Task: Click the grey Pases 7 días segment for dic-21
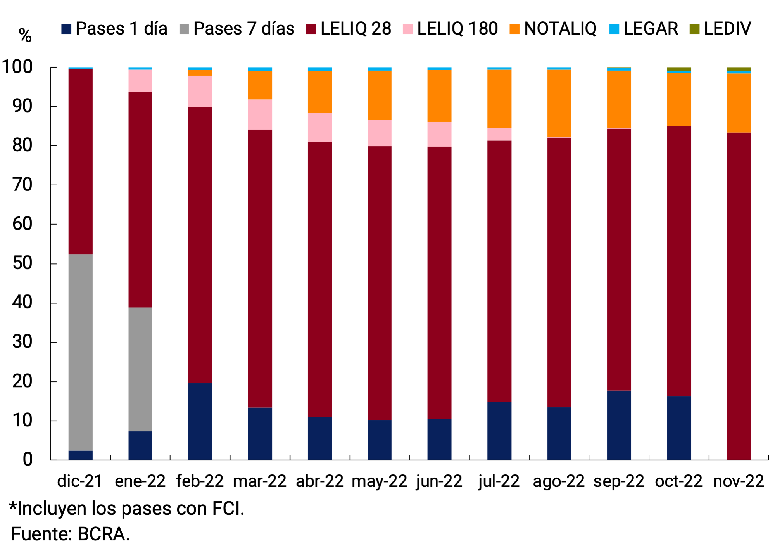pyautogui.click(x=80, y=352)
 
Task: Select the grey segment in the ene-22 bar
pyautogui.click(x=140, y=369)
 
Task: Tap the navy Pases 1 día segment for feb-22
pyautogui.click(x=200, y=421)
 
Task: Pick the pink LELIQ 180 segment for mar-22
pyautogui.click(x=260, y=114)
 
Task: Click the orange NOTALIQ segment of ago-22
pyautogui.click(x=559, y=103)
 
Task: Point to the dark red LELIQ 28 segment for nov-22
pyautogui.click(x=738, y=296)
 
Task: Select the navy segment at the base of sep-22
pyautogui.click(x=618, y=425)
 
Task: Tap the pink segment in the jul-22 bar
pyautogui.click(x=499, y=134)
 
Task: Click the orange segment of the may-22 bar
pyautogui.click(x=379, y=95)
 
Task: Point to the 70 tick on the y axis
pyautogui.click(x=22, y=185)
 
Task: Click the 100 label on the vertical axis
pyautogui.click(x=17, y=67)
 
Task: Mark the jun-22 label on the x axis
pyautogui.click(x=439, y=481)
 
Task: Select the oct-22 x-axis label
pyautogui.click(x=678, y=481)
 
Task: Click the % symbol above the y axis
pyautogui.click(x=25, y=36)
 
